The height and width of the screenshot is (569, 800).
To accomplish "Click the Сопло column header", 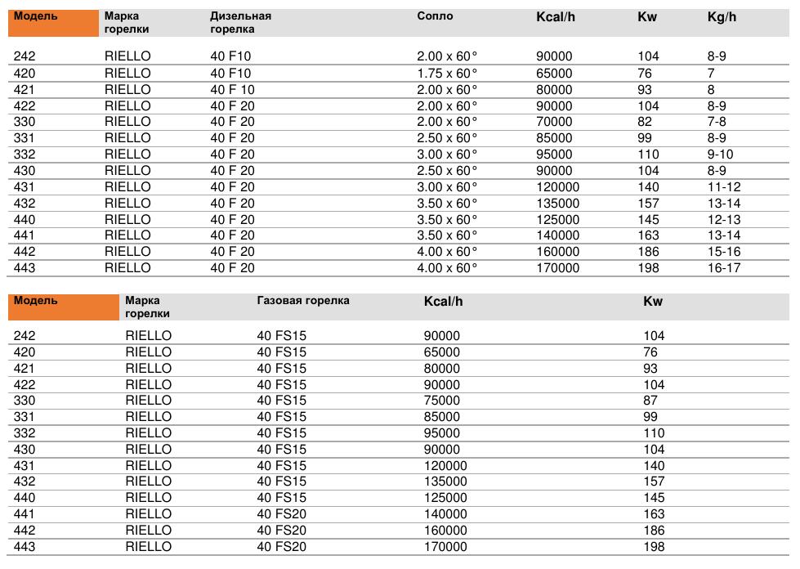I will click(434, 16).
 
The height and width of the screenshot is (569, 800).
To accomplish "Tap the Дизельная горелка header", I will click(240, 22).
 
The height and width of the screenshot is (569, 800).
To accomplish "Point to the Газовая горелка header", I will click(303, 301).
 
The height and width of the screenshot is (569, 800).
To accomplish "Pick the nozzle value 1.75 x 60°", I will click(447, 74).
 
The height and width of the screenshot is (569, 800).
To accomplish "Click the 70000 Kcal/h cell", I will click(554, 122).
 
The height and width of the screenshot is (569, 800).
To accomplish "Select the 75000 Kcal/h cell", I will click(442, 401).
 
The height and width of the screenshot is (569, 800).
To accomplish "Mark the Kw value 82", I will click(645, 122).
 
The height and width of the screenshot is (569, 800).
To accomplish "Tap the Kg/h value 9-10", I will click(720, 155).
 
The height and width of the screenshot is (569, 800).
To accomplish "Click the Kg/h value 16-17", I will click(724, 268).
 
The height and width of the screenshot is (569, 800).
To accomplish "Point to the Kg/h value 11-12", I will click(724, 187).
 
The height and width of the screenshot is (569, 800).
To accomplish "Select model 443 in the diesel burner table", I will click(25, 268).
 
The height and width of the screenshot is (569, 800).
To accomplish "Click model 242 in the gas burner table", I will click(25, 336).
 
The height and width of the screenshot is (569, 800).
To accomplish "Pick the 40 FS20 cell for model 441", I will click(281, 514).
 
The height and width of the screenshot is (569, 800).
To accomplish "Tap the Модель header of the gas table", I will click(36, 301).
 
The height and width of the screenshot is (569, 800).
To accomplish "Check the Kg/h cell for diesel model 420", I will click(711, 74).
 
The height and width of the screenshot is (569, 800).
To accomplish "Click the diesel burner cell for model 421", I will click(233, 90).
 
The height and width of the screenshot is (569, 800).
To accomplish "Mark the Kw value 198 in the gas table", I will click(655, 547).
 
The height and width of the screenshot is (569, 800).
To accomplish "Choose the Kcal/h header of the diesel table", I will click(556, 17).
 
